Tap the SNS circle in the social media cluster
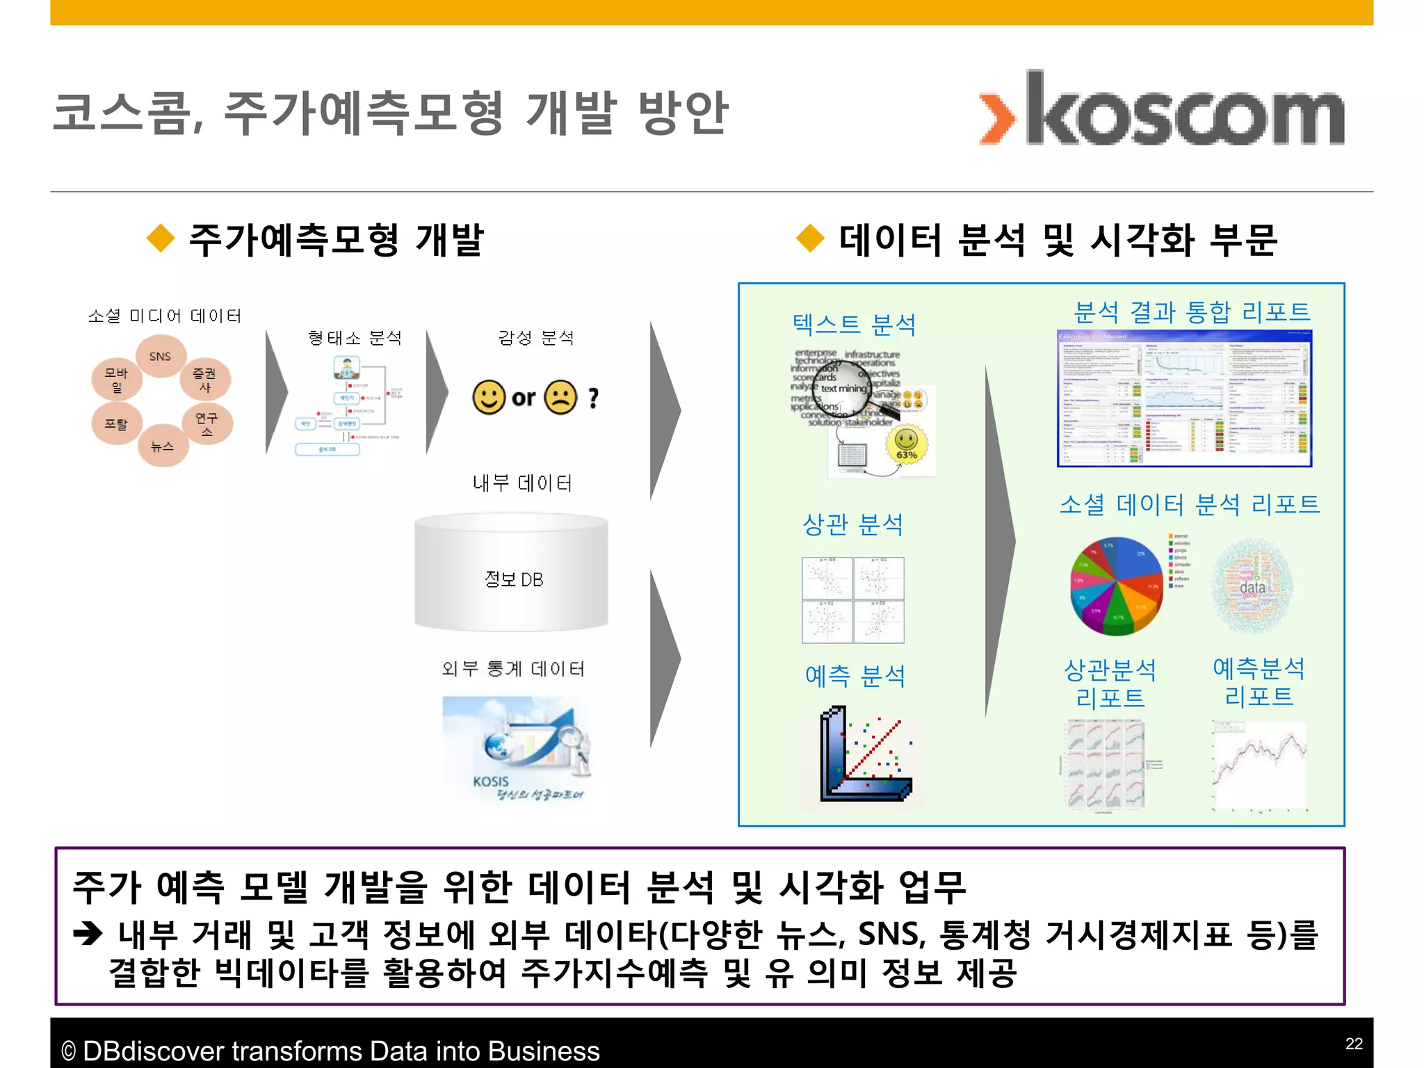click(161, 356)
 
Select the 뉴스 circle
click(162, 446)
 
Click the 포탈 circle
click(116, 423)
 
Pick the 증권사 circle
click(204, 380)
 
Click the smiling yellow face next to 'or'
click(489, 397)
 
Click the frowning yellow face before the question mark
click(560, 397)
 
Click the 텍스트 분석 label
click(854, 324)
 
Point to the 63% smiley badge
click(906, 444)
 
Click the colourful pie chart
click(1116, 585)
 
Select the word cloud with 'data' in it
click(1252, 586)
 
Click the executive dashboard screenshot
click(1184, 398)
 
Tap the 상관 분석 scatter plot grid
click(853, 599)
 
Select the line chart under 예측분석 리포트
click(1259, 766)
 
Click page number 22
click(1353, 1044)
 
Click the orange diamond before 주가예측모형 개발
click(161, 238)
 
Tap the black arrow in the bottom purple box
click(88, 933)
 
